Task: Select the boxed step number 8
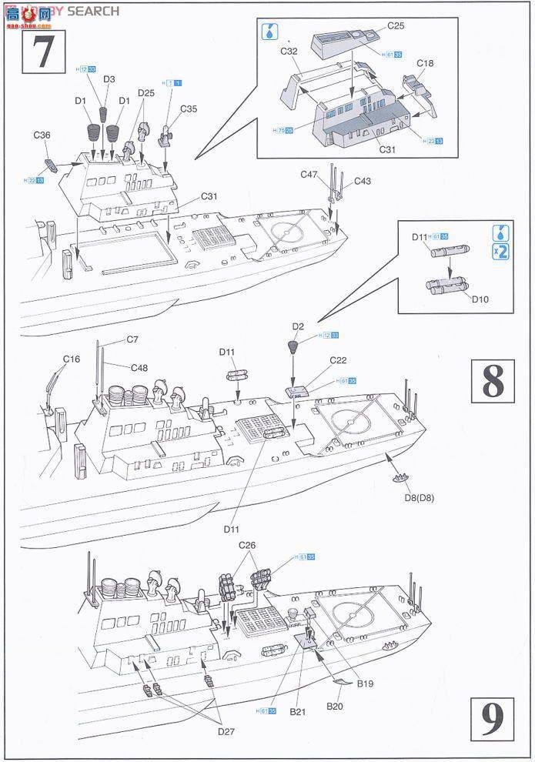pyautogui.click(x=493, y=380)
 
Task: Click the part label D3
pyautogui.click(x=109, y=79)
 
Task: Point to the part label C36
pyautogui.click(x=42, y=135)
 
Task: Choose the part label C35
pyautogui.click(x=189, y=109)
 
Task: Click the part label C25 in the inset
pyautogui.click(x=396, y=25)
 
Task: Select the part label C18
pyautogui.click(x=425, y=63)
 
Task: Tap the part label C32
pyautogui.click(x=289, y=52)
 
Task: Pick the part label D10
pyautogui.click(x=480, y=299)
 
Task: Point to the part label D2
pyautogui.click(x=299, y=327)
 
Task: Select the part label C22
pyautogui.click(x=339, y=360)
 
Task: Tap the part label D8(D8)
pyautogui.click(x=420, y=497)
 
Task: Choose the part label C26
pyautogui.click(x=247, y=545)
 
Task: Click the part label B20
pyautogui.click(x=335, y=706)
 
